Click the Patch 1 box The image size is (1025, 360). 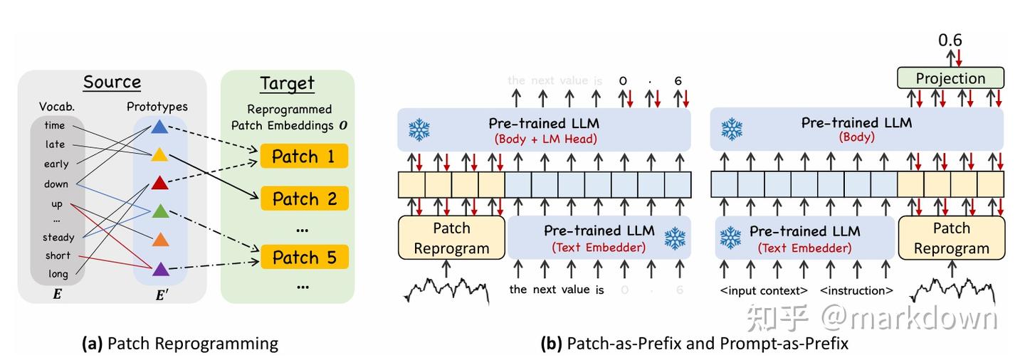pos(304,157)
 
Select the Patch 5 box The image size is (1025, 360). pos(304,257)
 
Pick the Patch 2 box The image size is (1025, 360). pos(304,198)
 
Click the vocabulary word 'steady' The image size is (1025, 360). pos(58,238)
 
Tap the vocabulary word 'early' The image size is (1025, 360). pos(56,164)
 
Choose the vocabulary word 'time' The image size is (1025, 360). pos(54,125)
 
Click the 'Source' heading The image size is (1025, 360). pos(112,83)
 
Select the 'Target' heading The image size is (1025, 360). pos(287,83)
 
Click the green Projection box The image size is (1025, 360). pos(950,78)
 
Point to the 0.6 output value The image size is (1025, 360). pos(950,41)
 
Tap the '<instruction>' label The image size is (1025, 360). pos(856,290)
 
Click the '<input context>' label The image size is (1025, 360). pos(764,290)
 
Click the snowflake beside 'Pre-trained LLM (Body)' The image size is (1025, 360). pos(732,129)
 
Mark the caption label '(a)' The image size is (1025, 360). pos(93,344)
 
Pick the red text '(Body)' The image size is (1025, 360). pos(856,137)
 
